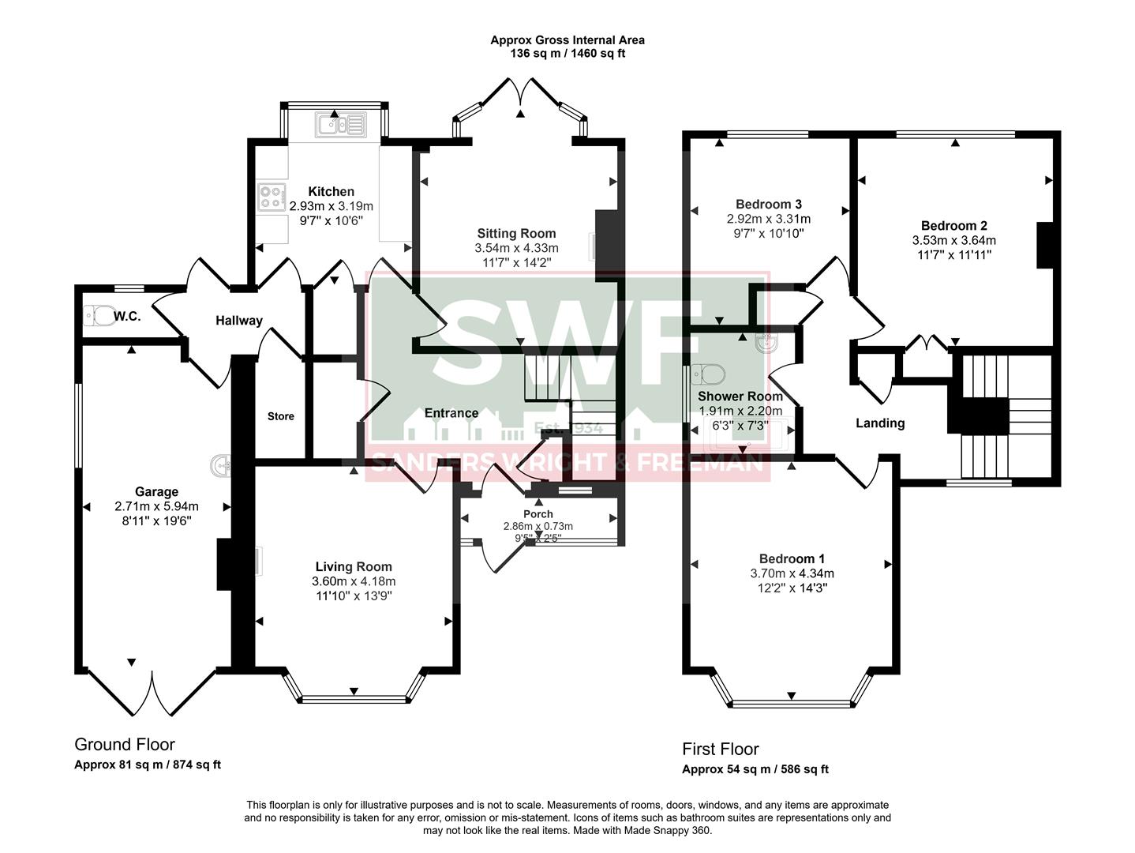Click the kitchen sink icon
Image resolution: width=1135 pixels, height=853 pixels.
pyautogui.click(x=340, y=125)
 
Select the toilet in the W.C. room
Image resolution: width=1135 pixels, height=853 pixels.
pyautogui.click(x=98, y=316)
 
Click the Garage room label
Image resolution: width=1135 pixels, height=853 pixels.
pyautogui.click(x=156, y=491)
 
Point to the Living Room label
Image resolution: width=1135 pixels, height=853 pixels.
pyautogui.click(x=354, y=566)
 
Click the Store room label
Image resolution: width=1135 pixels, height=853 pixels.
pyautogui.click(x=280, y=416)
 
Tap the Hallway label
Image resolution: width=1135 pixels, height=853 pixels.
pyautogui.click(x=239, y=320)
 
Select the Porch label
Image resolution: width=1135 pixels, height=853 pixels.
pyautogui.click(x=538, y=514)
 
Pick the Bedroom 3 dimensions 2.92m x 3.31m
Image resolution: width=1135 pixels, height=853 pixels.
pyautogui.click(x=768, y=219)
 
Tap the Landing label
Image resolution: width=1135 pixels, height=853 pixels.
pyautogui.click(x=880, y=423)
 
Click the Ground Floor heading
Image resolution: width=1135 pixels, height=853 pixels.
pyautogui.click(x=125, y=744)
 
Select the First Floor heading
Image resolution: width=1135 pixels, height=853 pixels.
pyautogui.click(x=720, y=749)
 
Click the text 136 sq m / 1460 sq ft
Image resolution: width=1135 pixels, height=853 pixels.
pyautogui.click(x=567, y=54)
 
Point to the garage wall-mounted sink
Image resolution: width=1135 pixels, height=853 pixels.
pyautogui.click(x=220, y=467)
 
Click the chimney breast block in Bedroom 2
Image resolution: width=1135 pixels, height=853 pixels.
pyautogui.click(x=1045, y=246)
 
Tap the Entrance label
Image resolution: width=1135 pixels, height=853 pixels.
pyautogui.click(x=451, y=412)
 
